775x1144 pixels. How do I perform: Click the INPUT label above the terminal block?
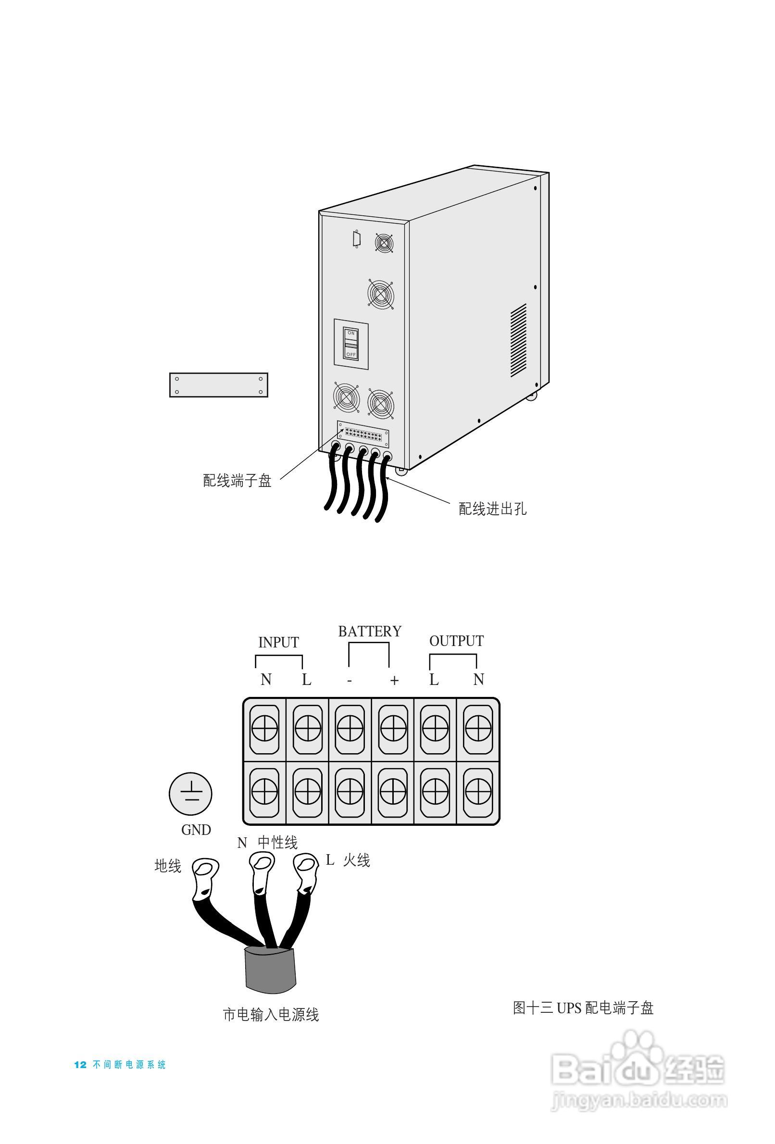(x=278, y=642)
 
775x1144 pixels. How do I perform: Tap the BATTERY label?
(x=369, y=632)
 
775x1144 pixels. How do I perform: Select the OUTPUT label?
(x=456, y=641)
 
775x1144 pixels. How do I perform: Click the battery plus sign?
(x=394, y=680)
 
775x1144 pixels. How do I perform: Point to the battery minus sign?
(x=349, y=681)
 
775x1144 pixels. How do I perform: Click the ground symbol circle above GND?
(x=190, y=794)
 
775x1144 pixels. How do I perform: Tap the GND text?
(x=196, y=830)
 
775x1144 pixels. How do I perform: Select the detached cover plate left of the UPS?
(x=219, y=385)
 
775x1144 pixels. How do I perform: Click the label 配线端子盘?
(x=237, y=481)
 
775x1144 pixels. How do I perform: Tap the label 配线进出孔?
(x=492, y=509)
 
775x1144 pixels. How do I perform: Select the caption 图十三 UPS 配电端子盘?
(x=583, y=1007)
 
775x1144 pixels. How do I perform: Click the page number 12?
(x=80, y=1065)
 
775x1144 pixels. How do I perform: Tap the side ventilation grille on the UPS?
(x=518, y=340)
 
